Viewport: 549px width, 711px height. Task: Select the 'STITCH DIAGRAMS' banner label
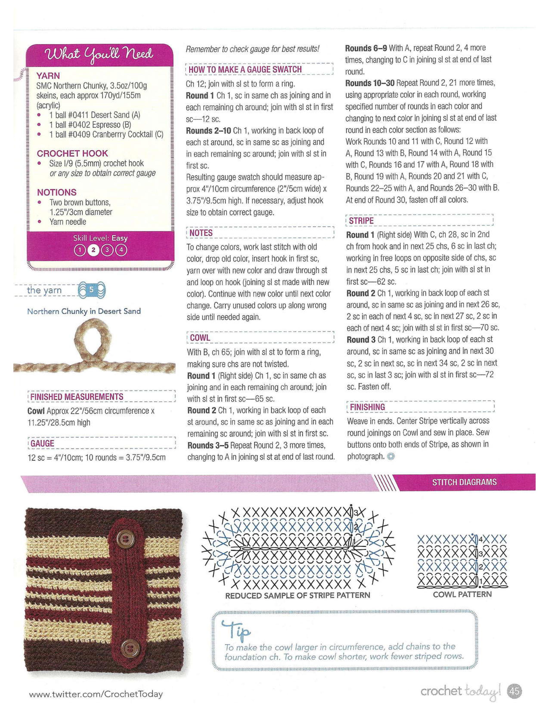coord(464,482)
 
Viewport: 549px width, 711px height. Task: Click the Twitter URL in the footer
coord(96,694)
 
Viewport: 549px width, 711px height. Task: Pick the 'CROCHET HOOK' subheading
coord(72,153)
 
